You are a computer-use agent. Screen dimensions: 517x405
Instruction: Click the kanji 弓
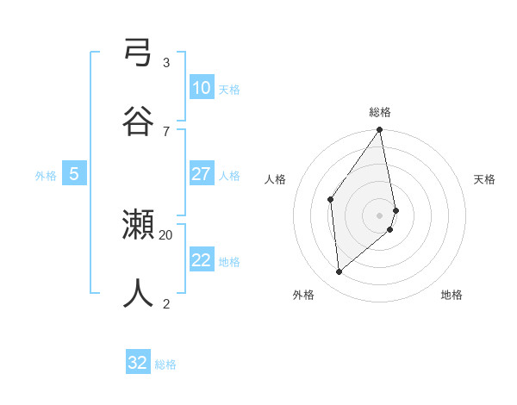pyautogui.click(x=138, y=55)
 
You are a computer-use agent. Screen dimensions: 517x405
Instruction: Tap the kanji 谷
pyautogui.click(x=138, y=121)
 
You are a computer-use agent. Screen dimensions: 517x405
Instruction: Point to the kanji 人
pyautogui.click(x=138, y=293)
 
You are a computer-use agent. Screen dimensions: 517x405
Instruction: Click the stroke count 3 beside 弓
pyautogui.click(x=166, y=63)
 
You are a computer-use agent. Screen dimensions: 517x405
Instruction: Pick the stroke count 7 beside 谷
pyautogui.click(x=166, y=131)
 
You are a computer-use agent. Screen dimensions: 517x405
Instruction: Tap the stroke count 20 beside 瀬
pyautogui.click(x=166, y=234)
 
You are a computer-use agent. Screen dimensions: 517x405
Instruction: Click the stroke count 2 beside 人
pyautogui.click(x=166, y=302)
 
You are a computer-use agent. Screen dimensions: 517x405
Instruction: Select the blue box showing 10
pyautogui.click(x=201, y=88)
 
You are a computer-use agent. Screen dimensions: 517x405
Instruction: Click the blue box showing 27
pyautogui.click(x=201, y=174)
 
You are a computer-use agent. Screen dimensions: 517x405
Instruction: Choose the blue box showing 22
pyautogui.click(x=201, y=260)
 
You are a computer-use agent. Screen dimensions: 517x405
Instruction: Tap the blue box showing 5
pyautogui.click(x=74, y=174)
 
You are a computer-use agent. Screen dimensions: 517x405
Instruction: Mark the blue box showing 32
pyautogui.click(x=138, y=363)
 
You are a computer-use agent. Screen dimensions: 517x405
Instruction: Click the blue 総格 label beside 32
pyautogui.click(x=165, y=364)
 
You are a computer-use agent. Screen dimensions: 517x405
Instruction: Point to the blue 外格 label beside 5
pyautogui.click(x=46, y=176)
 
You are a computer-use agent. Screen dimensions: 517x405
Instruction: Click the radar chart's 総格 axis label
pyautogui.click(x=380, y=112)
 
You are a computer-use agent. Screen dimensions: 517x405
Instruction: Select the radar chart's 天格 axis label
pyautogui.click(x=485, y=179)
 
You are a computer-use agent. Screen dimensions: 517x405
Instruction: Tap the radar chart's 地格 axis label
pyautogui.click(x=452, y=295)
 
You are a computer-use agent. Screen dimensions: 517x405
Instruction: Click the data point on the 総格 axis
pyautogui.click(x=380, y=130)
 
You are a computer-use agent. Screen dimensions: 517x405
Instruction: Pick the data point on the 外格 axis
pyautogui.click(x=339, y=271)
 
